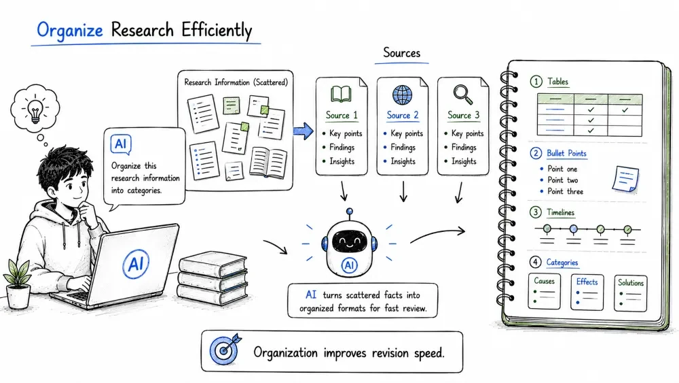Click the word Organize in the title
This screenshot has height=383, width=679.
[70, 31]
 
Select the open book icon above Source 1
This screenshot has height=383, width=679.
[342, 94]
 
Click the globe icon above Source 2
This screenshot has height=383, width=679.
[402, 95]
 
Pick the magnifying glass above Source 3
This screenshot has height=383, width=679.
[463, 94]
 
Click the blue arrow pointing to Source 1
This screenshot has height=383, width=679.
[303, 131]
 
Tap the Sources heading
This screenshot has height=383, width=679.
[402, 53]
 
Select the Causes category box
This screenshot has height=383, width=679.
[545, 291]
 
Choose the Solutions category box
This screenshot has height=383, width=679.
[630, 293]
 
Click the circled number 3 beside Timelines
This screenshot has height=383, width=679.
[536, 212]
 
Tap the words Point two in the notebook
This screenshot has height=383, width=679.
[562, 180]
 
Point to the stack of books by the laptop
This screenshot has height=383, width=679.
[213, 278]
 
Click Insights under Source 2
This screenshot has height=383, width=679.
[403, 161]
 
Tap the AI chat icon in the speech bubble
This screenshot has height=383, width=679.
[121, 144]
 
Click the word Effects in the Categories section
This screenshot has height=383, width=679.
[587, 282]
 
